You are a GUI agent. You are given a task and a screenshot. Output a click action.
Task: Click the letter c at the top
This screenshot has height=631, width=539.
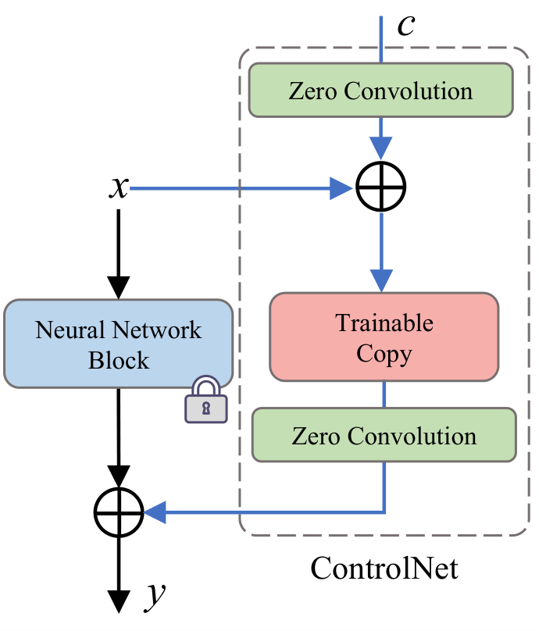405,26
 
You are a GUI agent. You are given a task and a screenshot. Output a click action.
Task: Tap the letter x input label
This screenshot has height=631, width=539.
120,187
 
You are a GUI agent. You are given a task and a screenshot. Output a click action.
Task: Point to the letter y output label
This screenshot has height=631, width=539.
155,596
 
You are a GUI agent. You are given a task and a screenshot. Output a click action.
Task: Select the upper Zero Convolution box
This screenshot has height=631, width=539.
380,90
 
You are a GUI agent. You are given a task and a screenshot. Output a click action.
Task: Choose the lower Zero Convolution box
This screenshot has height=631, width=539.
384,435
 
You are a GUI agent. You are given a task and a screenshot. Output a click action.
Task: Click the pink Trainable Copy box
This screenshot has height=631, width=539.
384,337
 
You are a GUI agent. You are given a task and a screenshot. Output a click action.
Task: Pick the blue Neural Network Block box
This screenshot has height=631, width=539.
119,344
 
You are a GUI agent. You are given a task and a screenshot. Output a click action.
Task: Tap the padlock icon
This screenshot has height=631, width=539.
206,399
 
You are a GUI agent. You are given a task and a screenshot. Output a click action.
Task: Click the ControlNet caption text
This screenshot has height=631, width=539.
384,569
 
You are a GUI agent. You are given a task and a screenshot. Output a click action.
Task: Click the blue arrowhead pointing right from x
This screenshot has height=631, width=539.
341,188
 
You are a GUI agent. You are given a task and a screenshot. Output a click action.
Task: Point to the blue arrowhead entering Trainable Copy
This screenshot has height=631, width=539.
380,281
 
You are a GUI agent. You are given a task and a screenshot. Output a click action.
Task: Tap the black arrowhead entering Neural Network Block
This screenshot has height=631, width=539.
119,287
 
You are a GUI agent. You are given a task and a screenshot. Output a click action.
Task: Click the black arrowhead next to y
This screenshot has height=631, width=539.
119,601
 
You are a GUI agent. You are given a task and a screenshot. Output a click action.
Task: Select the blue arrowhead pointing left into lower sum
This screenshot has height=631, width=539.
155,512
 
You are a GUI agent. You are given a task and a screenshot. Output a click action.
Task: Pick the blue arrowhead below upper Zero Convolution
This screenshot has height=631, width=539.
380,148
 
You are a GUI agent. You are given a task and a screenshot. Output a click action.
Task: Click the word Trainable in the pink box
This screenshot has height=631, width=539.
384,323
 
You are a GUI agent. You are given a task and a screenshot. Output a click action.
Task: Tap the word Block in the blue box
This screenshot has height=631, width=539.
119,360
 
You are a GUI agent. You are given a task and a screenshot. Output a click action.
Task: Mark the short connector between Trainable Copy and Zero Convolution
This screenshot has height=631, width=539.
384,394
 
